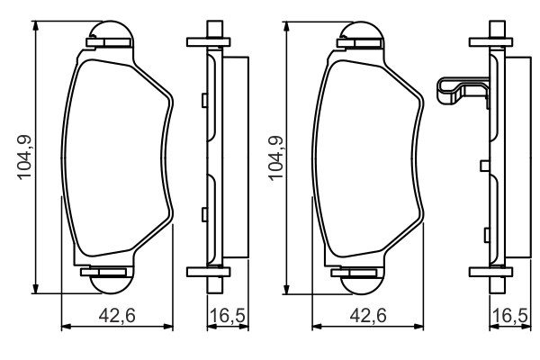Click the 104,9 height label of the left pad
coord(24,157)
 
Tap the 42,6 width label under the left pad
coord(117,316)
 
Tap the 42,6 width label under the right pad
coord(368,316)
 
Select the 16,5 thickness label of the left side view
coord(228,316)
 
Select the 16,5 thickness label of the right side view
coord(510,316)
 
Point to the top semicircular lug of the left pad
coord(110,30)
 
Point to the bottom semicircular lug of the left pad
coord(111,285)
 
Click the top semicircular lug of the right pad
coord(361,31)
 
